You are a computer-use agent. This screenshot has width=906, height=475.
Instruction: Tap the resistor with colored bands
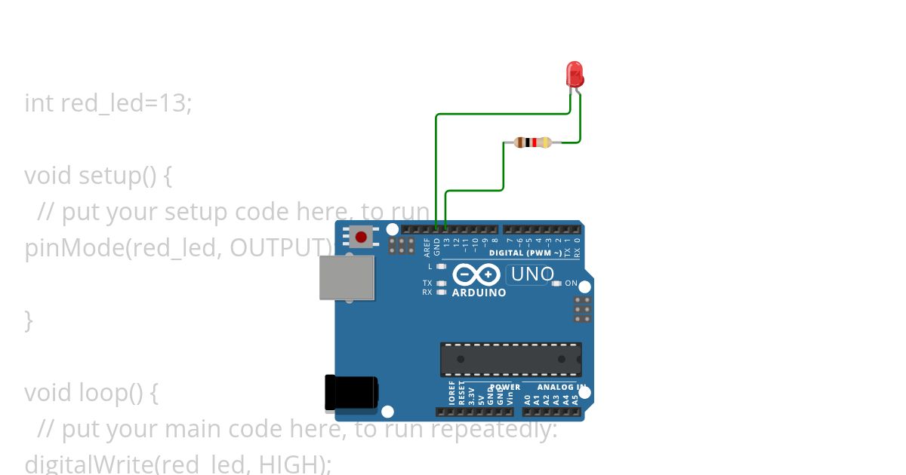click(532, 142)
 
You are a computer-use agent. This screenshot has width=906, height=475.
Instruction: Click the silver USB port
click(347, 277)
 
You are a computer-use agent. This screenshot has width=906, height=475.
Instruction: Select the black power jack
click(350, 393)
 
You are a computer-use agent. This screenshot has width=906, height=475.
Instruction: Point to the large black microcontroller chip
click(511, 359)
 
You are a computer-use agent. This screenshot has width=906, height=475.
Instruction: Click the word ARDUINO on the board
click(479, 293)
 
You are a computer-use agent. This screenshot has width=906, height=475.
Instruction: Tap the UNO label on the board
click(532, 274)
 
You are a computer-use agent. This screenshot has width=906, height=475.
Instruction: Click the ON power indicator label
click(572, 283)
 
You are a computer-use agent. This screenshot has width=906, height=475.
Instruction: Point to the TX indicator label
click(427, 283)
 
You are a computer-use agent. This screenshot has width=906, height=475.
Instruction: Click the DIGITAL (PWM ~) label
click(525, 253)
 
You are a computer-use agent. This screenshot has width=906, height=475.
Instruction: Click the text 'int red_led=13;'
click(108, 103)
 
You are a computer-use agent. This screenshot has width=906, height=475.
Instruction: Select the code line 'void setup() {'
click(98, 176)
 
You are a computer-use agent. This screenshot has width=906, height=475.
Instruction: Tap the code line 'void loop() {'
click(91, 393)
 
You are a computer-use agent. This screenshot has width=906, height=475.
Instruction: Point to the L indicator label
click(430, 266)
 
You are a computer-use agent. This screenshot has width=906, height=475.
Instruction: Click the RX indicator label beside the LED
click(427, 292)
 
